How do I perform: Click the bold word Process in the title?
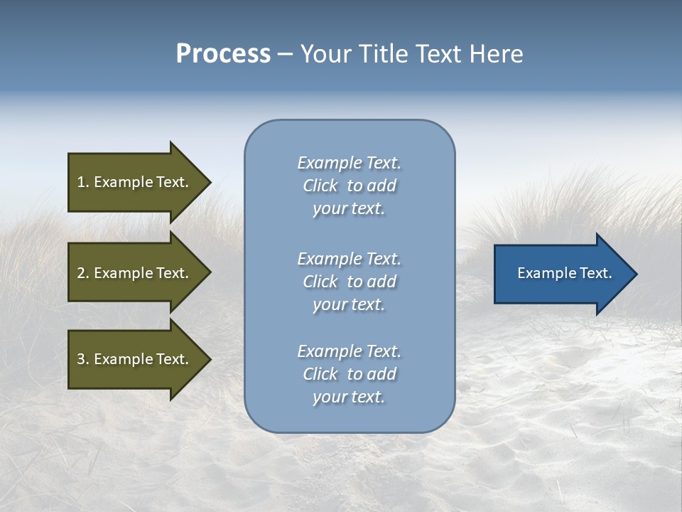coord(223,54)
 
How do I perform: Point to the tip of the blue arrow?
coord(635,274)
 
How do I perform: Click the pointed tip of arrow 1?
coord(209,182)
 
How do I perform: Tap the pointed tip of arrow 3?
coord(209,360)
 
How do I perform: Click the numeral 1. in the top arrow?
coord(82,182)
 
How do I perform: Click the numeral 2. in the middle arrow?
coord(82,273)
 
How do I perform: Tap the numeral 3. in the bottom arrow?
coord(82,360)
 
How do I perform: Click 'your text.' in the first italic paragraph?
coord(349,209)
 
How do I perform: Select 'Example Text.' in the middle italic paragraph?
coord(349,259)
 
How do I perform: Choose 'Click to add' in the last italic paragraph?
coord(349,374)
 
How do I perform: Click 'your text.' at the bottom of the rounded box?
coord(349,398)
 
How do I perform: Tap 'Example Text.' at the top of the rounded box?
coord(349,163)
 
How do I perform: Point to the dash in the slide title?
coord(285,55)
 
